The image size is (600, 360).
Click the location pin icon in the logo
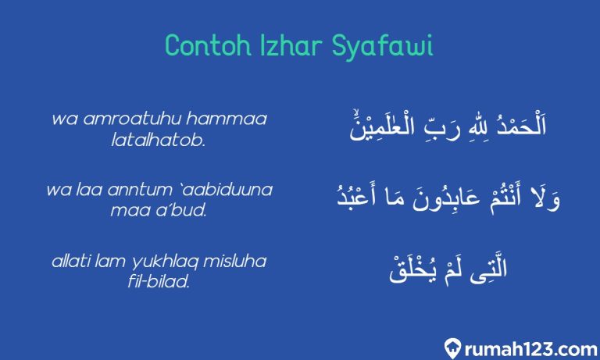click(x=451, y=345)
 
